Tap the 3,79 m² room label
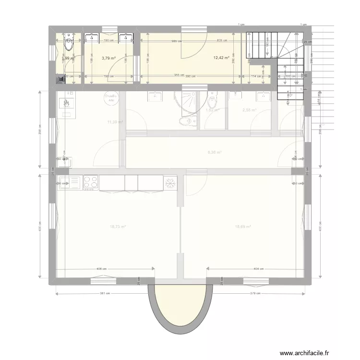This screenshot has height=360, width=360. (108, 58)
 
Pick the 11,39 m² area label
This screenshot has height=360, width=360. (115, 122)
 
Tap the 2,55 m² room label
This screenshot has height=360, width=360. (249, 110)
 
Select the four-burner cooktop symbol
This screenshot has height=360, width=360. (91, 182)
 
